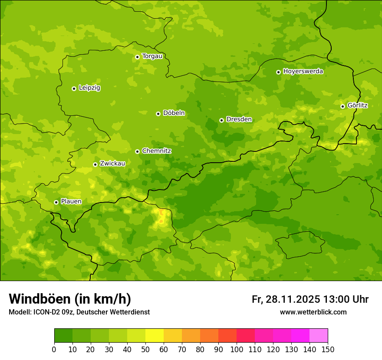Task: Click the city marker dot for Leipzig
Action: (x=74, y=88)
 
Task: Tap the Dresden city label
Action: (x=239, y=119)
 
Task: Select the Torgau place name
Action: (x=152, y=56)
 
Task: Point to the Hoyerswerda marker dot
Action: (x=278, y=72)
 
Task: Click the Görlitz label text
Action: (x=357, y=105)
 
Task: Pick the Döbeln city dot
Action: (x=158, y=114)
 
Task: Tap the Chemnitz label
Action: (x=156, y=151)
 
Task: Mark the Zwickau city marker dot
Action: (x=95, y=164)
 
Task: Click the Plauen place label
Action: (x=71, y=202)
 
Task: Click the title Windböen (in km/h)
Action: (x=70, y=299)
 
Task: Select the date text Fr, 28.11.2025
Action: (x=286, y=299)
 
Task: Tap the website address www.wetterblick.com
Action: (x=313, y=312)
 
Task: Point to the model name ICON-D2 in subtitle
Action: (x=46, y=312)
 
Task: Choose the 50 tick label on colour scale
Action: (x=145, y=349)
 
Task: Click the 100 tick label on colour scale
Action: (x=237, y=349)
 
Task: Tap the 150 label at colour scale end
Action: (x=328, y=349)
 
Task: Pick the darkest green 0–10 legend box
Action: (x=63, y=336)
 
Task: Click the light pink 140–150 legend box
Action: (x=319, y=336)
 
